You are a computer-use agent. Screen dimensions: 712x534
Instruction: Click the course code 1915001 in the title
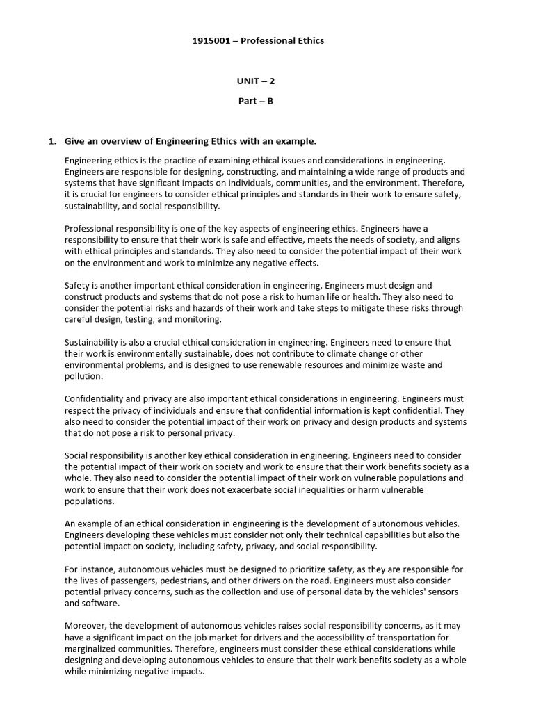pos(211,40)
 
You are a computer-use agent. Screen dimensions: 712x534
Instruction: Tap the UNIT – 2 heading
pos(255,81)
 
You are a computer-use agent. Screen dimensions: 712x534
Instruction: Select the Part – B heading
pos(255,101)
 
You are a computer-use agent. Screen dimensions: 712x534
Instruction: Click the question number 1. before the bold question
pos(52,141)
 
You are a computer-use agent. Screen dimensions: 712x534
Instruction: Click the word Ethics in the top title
pos(309,40)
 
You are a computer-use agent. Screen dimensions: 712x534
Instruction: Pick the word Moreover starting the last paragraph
pos(85,626)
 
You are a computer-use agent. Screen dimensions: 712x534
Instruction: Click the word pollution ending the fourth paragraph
pos(83,376)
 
